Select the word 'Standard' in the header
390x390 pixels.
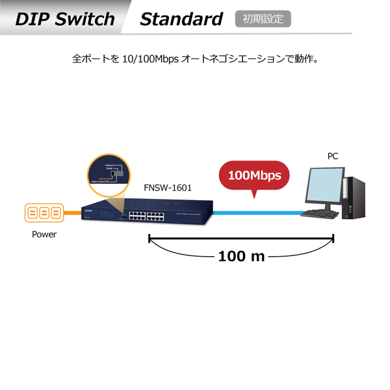point(181,19)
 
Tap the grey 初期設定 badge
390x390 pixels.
point(263,19)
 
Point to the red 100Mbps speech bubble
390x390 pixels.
point(254,175)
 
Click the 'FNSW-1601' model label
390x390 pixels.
point(168,188)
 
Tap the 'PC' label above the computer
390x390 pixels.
point(332,156)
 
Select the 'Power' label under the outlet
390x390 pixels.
point(44,235)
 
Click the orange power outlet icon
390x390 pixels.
point(44,213)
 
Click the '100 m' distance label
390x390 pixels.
point(241,255)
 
